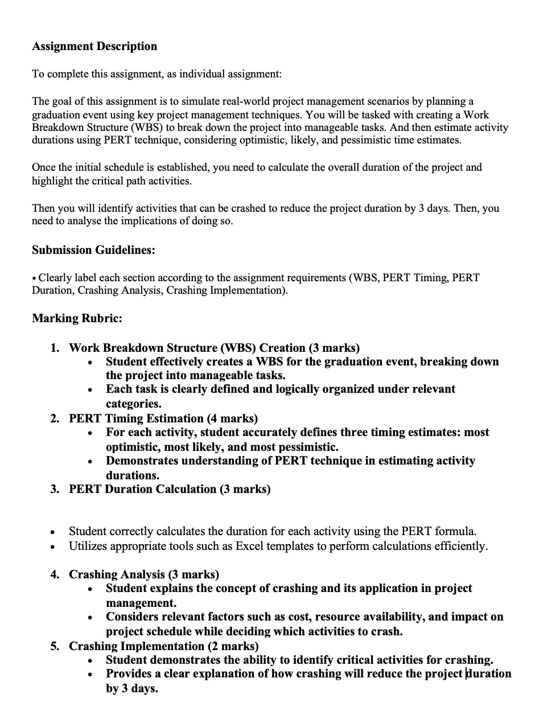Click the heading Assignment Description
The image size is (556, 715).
pyautogui.click(x=94, y=46)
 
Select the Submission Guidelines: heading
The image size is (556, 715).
pyautogui.click(x=93, y=250)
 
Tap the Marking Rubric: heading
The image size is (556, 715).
pyautogui.click(x=77, y=318)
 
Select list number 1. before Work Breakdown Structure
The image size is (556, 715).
pyautogui.click(x=55, y=348)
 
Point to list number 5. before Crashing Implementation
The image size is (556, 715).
pyautogui.click(x=55, y=646)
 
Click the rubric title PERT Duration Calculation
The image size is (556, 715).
pyautogui.click(x=142, y=489)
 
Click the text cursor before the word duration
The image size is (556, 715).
pyautogui.click(x=467, y=674)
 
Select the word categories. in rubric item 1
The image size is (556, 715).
pyautogui.click(x=134, y=404)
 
